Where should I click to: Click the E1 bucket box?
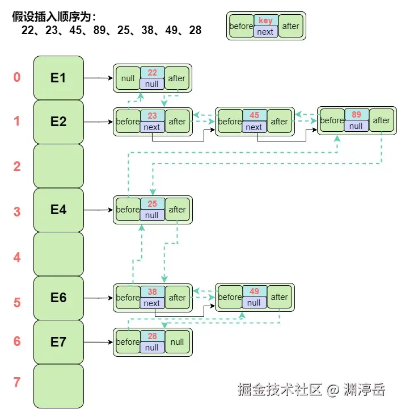point(58,78)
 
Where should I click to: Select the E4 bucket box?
point(58,210)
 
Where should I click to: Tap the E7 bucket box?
point(58,342)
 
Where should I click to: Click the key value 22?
point(152,73)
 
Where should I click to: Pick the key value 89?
point(356,115)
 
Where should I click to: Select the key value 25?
point(152,204)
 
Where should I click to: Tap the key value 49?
point(254,291)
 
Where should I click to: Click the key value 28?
point(152,336)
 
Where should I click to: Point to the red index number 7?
point(17,382)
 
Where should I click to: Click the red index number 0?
point(17,77)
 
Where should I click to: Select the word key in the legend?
point(265,20)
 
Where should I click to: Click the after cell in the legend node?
point(290,26)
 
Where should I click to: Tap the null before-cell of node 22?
point(128,78)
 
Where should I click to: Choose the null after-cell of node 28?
point(178,342)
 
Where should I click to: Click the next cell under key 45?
point(254,127)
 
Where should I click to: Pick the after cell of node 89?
point(381,120)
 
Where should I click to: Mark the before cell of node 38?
point(128,298)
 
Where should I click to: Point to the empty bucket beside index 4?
point(58,254)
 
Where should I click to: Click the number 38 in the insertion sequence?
point(148,30)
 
